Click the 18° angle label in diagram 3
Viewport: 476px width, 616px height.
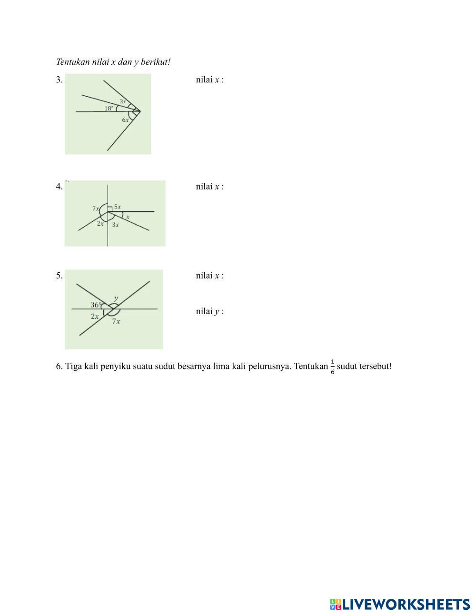[109, 108]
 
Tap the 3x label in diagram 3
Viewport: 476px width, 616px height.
[123, 101]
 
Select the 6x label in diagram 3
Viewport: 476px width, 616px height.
[125, 120]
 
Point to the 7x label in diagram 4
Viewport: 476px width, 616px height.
[96, 209]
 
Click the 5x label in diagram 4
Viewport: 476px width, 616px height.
[117, 207]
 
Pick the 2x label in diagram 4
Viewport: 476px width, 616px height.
[100, 223]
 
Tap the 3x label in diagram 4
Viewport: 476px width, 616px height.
[116, 225]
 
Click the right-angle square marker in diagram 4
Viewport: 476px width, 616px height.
[109, 209]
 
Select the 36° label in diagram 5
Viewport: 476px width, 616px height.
[96, 305]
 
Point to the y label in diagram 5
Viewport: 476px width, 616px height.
[116, 298]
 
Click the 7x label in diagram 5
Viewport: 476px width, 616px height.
[116, 321]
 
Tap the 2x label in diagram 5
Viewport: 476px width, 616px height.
[95, 316]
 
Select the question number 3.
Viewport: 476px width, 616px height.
[59, 79]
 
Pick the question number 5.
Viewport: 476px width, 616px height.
[59, 275]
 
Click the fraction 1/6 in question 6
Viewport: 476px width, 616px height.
[332, 367]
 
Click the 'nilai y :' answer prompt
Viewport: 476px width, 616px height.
[209, 311]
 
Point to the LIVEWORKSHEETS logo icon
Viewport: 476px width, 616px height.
[336, 605]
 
